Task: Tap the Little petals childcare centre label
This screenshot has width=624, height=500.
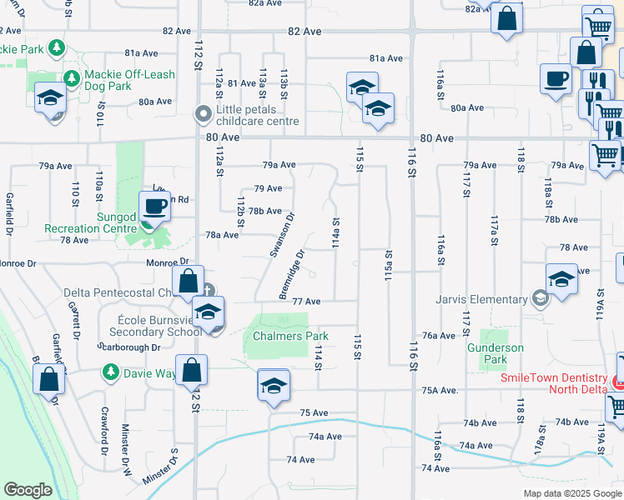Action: (257, 115)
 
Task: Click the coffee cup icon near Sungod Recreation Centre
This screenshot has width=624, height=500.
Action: (153, 206)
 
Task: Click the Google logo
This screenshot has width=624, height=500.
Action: (28, 489)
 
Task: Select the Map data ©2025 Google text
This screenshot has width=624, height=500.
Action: (571, 493)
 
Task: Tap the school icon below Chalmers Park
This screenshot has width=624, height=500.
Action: (273, 386)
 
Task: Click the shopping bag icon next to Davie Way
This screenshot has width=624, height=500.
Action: (192, 371)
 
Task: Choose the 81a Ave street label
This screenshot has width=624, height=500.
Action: (386, 58)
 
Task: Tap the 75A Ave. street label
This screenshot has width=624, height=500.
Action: (440, 390)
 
